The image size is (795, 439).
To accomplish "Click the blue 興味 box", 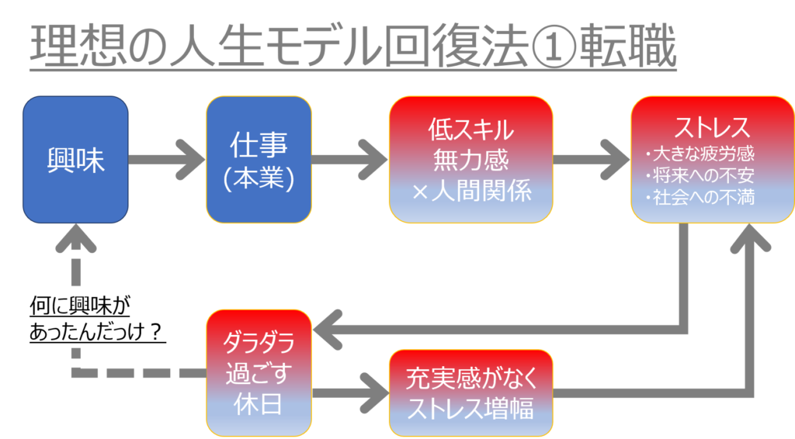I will click(75, 160).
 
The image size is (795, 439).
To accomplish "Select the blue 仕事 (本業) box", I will click(259, 160).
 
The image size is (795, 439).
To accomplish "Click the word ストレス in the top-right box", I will click(712, 126).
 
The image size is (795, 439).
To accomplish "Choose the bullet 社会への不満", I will click(701, 197).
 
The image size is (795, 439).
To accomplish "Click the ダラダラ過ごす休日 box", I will click(259, 373).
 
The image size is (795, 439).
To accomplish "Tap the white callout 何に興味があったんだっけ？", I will click(99, 318).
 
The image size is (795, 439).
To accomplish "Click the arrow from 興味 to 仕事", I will click(166, 160).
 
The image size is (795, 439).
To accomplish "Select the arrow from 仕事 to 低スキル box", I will click(349, 160).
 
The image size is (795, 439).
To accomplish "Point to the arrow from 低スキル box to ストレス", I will click(591, 160).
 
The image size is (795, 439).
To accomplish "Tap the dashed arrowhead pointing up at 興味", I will click(75, 237).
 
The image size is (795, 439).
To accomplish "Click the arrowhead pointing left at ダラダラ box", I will click(329, 330).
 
